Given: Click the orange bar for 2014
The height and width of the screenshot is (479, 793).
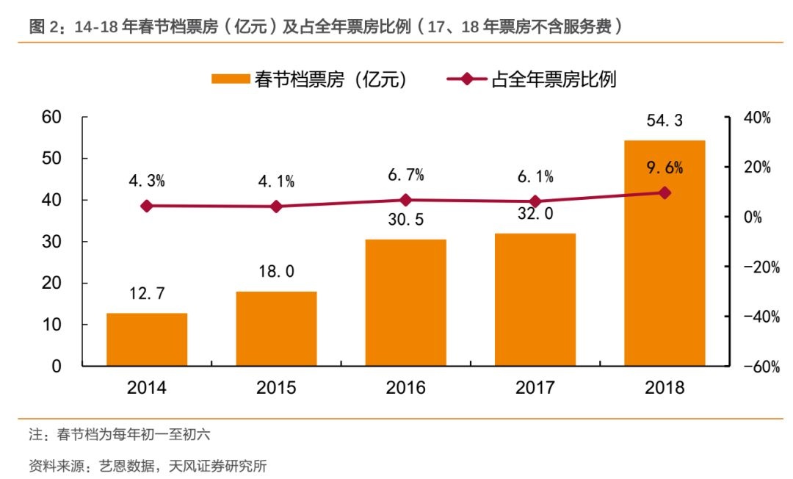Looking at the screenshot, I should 147,339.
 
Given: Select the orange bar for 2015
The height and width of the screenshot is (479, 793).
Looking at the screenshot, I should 276,328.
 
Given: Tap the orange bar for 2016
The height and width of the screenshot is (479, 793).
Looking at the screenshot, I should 405,303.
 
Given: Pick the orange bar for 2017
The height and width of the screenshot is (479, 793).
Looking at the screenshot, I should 535,300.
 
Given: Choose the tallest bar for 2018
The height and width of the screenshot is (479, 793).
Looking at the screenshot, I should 665,253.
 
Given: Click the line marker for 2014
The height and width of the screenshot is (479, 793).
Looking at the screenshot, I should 147,206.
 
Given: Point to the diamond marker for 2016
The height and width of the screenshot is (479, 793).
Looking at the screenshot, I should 405,200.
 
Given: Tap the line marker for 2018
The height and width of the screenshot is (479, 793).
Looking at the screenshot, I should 665,192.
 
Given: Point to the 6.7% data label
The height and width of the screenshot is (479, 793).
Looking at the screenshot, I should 405,175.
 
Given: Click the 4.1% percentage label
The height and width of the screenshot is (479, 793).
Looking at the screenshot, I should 276,181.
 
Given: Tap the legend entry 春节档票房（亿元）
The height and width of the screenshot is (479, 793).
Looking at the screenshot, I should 309,79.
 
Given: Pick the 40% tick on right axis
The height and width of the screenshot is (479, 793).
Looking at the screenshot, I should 756,118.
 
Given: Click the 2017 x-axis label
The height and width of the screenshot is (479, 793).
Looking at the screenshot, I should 535,387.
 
